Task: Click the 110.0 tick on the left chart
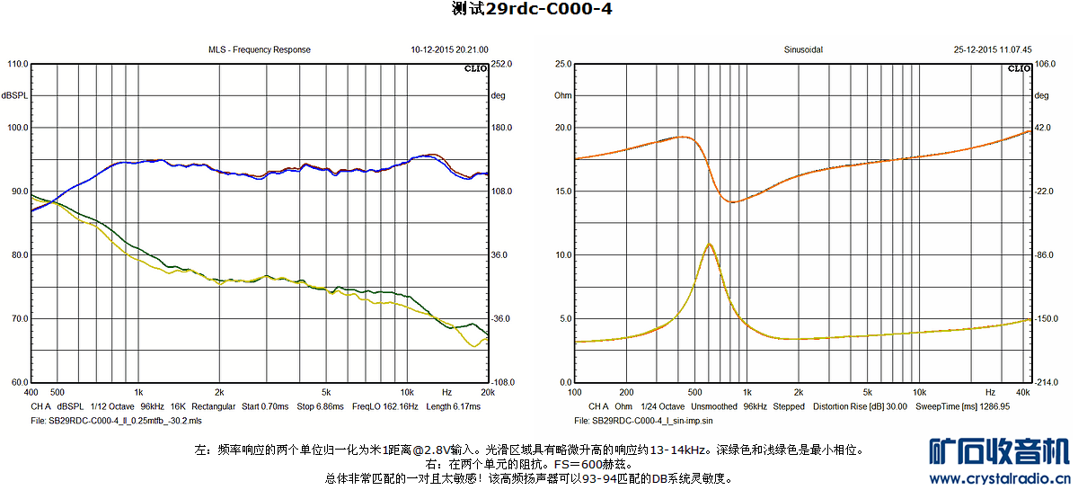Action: coord(16,65)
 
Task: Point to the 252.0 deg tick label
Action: coord(500,65)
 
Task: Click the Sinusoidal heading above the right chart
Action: coord(803,50)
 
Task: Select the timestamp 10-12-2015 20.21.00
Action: coord(449,50)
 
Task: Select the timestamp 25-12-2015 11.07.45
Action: coord(993,50)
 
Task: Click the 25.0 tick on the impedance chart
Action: coord(563,65)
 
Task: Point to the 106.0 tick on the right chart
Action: coord(1044,65)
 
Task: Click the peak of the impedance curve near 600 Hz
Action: coord(710,244)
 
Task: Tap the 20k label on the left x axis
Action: coord(488,393)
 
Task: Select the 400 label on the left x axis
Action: coord(31,393)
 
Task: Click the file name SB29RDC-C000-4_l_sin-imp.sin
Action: coord(642,420)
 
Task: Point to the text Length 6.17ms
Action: coord(454,406)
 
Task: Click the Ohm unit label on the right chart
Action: coord(562,95)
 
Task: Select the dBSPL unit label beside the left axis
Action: coord(14,95)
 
